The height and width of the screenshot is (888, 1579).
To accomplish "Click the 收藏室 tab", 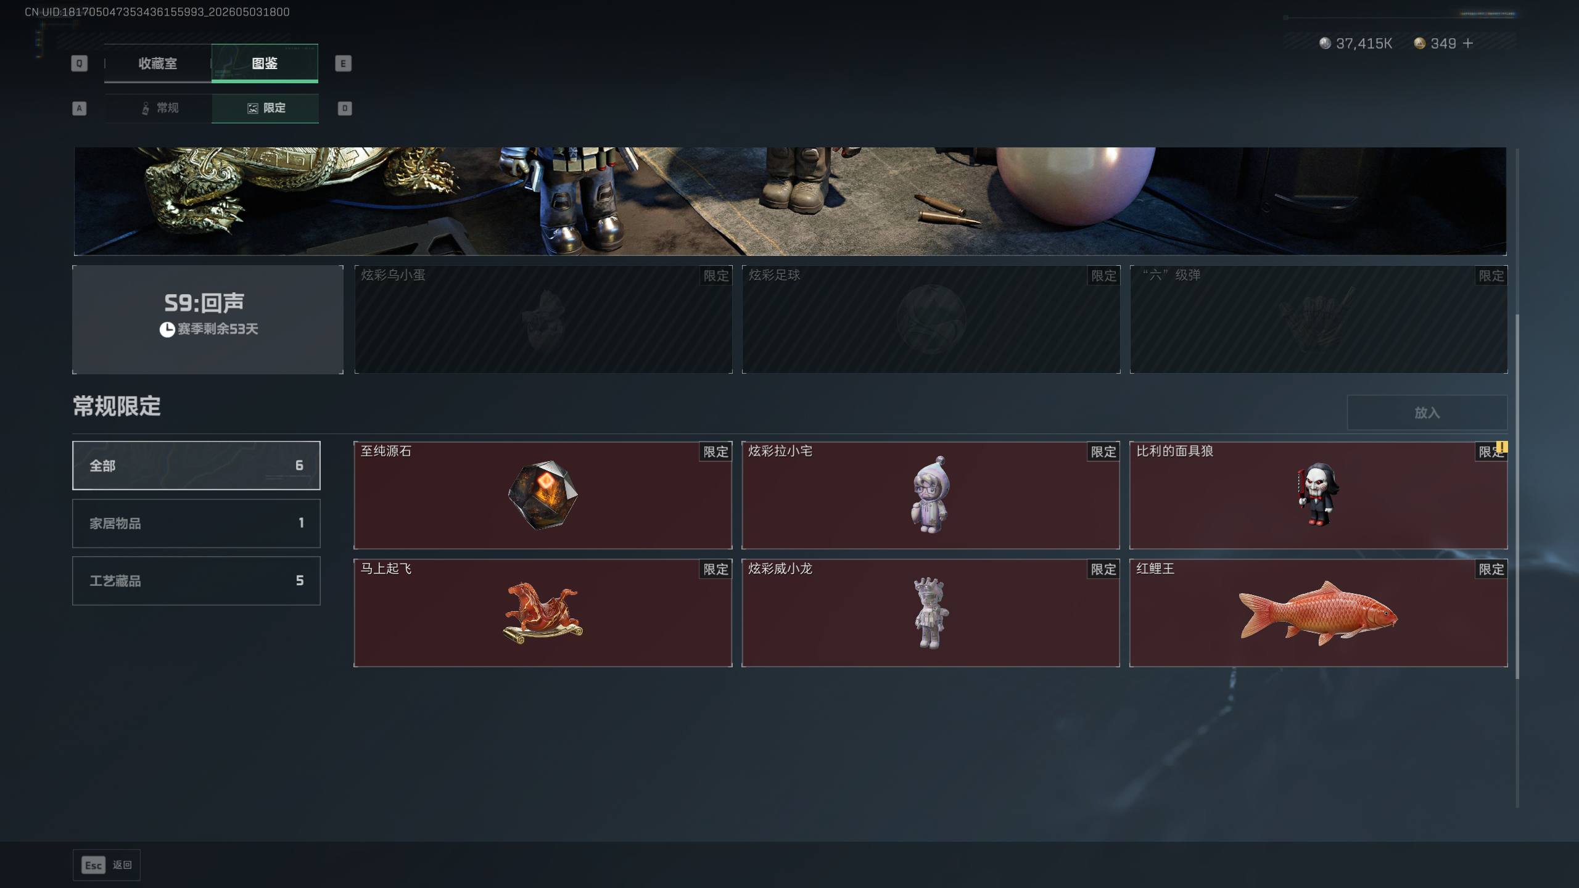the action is tap(158, 63).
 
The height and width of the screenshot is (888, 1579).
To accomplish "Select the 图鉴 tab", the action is tap(265, 63).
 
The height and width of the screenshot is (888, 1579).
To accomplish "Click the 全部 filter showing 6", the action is tap(196, 466).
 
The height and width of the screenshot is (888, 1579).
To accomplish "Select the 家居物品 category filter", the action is tap(196, 523).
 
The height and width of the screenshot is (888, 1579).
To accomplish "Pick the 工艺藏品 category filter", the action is tap(196, 580).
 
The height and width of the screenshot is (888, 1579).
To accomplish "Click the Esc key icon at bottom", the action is tap(93, 865).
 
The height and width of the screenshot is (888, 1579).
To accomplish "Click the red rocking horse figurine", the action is tap(543, 612).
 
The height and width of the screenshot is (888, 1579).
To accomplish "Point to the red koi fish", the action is tap(1318, 612).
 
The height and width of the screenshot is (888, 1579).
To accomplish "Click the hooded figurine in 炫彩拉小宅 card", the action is tap(930, 495).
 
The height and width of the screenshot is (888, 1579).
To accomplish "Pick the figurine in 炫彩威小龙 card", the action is tap(930, 613).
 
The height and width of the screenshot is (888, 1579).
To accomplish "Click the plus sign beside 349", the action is tap(1468, 43).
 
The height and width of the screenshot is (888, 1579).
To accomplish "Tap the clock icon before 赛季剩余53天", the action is tap(167, 329).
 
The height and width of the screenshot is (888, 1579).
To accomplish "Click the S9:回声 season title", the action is tap(204, 303).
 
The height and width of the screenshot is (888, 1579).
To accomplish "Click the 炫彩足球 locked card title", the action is tap(774, 275).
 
